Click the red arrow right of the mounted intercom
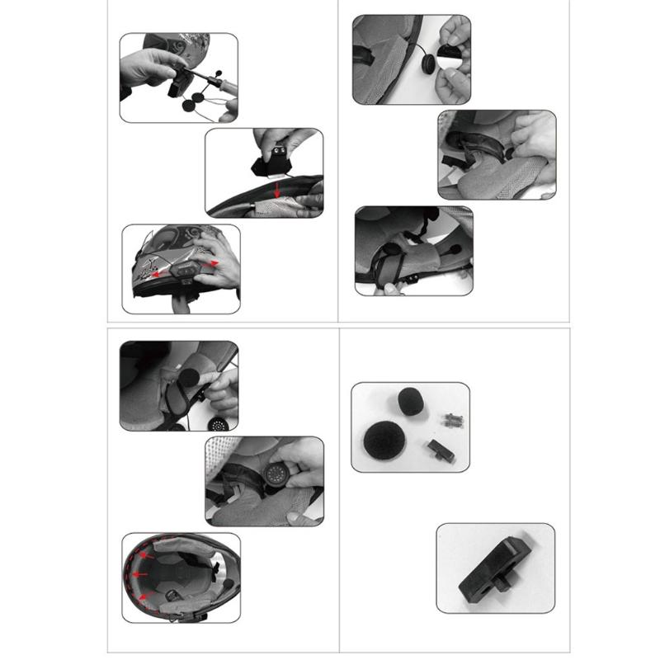pos(214,262)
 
